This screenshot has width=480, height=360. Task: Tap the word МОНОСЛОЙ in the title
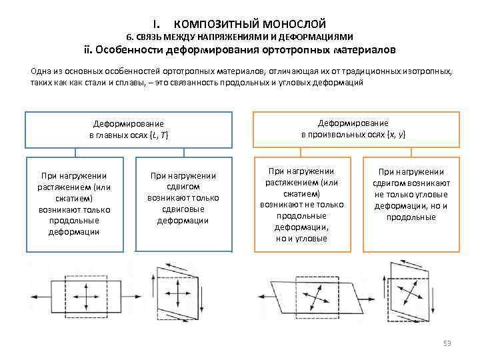[291, 24]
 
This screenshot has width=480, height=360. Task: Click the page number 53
[447, 343]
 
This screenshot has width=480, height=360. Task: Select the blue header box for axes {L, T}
[129, 129]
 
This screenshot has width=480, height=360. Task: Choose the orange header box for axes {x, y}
[357, 129]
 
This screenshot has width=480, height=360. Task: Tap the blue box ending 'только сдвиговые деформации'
[183, 203]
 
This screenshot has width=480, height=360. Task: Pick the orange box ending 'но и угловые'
[301, 204]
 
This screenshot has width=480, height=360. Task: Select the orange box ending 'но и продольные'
[411, 204]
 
